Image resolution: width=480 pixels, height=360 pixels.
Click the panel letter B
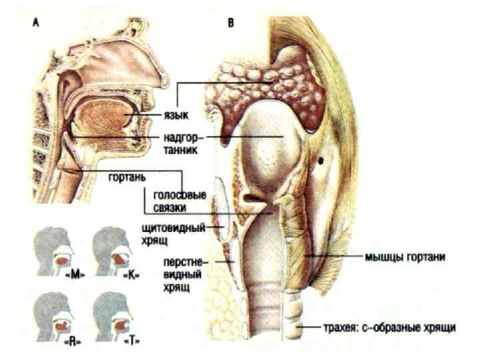pyautogui.click(x=230, y=22)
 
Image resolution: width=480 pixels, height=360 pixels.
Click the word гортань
pyautogui.click(x=126, y=179)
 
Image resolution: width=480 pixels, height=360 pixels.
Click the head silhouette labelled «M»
pyautogui.click(x=56, y=251)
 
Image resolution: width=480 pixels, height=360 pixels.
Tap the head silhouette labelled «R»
pyautogui.click(x=56, y=314)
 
